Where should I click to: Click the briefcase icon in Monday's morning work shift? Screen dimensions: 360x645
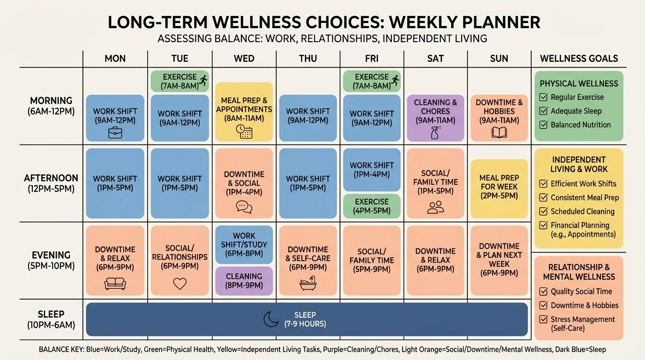click(x=115, y=133)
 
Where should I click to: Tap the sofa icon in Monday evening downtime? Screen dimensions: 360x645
click(x=115, y=284)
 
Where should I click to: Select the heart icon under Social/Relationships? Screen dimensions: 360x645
click(x=180, y=284)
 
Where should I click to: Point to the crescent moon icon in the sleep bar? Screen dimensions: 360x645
click(x=271, y=319)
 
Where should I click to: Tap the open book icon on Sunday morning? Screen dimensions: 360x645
click(x=499, y=133)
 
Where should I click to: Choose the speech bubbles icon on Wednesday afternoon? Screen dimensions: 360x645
click(x=244, y=207)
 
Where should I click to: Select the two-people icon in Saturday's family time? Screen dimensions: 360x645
click(x=435, y=207)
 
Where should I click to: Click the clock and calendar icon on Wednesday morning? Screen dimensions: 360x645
click(x=244, y=131)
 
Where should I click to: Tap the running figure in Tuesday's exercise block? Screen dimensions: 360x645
click(x=203, y=80)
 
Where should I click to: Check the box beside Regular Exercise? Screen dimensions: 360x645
click(x=544, y=97)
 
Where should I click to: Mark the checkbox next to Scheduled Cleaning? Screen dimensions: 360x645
click(x=544, y=211)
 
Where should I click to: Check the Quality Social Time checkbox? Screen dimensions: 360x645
click(x=544, y=292)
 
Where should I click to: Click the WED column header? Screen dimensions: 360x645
click(x=244, y=59)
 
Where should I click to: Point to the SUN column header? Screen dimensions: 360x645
click(x=499, y=59)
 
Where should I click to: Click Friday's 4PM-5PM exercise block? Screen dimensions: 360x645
click(x=372, y=206)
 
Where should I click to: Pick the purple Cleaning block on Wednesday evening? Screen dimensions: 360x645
click(x=244, y=281)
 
